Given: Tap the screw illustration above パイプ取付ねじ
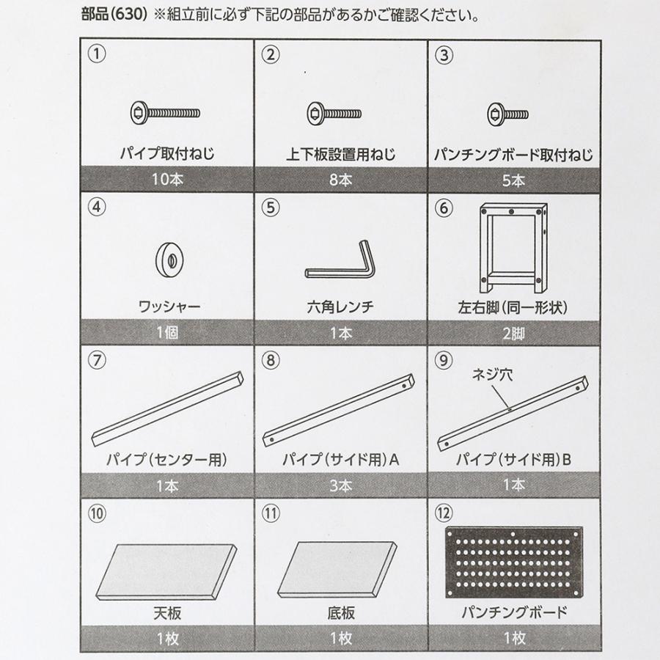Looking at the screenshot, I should [x=166, y=113].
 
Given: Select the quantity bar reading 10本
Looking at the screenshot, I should [x=166, y=179].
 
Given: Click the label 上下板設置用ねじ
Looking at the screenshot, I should [x=340, y=155].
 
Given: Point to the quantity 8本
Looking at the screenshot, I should [x=340, y=179].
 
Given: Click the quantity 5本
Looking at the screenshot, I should [x=514, y=179].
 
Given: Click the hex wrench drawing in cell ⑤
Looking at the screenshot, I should [x=341, y=264].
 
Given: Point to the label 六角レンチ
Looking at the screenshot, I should [x=340, y=307].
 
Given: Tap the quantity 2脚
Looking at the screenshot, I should [x=514, y=332].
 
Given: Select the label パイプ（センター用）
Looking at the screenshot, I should [x=168, y=460].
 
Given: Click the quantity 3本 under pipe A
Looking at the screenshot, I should [x=340, y=485].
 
